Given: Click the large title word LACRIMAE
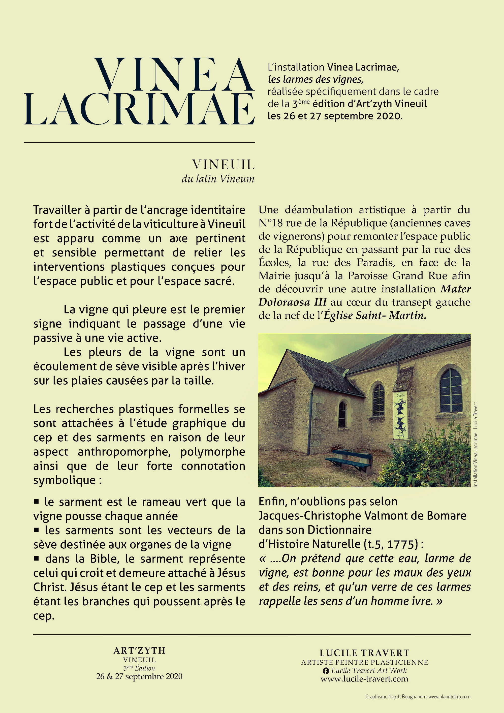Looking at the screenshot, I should pos(139,109).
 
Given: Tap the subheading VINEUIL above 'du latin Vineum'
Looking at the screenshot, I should pos(223,165).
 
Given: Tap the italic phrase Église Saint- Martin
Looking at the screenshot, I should pos(375,315).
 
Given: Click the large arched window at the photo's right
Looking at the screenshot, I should pos(451,390).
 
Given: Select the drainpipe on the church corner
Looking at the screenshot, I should pos(310,419).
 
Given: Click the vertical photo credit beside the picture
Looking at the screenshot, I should pos(476,444).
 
